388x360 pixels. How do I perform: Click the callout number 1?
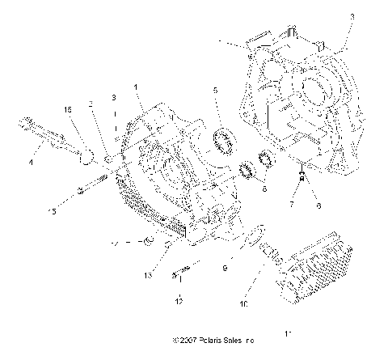point(136,86)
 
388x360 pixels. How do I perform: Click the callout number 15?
point(53,213)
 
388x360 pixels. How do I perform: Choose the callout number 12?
point(179,301)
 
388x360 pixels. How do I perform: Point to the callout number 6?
point(318,206)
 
